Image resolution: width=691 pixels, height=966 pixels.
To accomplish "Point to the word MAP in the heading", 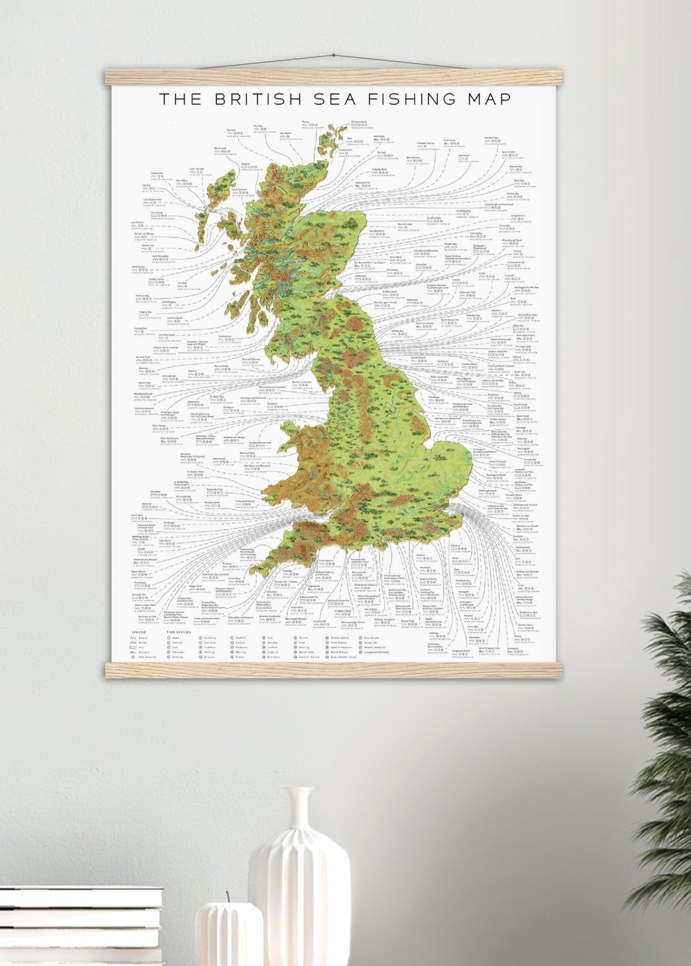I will pyautogui.click(x=487, y=99).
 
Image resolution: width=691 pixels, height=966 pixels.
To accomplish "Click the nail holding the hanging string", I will pyautogui.click(x=333, y=55).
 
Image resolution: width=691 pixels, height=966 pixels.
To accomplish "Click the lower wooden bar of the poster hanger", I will pyautogui.click(x=334, y=669).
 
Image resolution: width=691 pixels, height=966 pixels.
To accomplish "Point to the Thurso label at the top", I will pyautogui.click(x=305, y=122).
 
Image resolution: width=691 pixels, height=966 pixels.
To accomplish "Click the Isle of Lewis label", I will pyautogui.click(x=220, y=148).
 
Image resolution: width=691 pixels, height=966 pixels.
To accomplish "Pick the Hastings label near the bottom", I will pyautogui.click(x=433, y=633).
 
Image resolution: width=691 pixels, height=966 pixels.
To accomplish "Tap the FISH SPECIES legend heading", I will pyautogui.click(x=178, y=632).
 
